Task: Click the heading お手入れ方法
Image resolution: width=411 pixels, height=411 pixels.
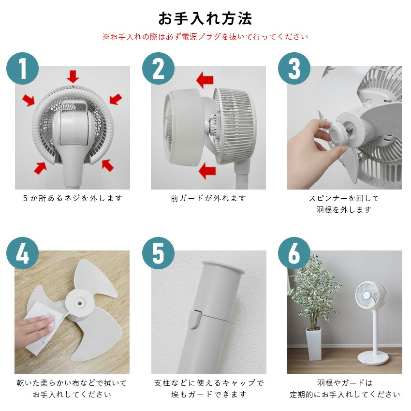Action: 205,18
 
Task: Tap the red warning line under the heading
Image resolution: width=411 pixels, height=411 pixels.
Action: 205,37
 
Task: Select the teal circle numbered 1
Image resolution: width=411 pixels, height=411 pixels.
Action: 22,69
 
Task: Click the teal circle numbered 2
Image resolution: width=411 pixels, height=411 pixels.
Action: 158,69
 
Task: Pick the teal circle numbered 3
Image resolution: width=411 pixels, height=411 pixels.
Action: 294,69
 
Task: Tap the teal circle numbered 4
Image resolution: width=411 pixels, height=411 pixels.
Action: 22,253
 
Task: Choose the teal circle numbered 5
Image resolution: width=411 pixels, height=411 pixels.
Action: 158,253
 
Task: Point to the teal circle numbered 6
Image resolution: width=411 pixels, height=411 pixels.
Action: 294,253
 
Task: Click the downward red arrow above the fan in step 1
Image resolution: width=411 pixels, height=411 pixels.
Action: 73,76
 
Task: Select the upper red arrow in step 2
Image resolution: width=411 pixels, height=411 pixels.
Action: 205,80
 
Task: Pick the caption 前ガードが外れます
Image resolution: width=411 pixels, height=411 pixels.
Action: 208,198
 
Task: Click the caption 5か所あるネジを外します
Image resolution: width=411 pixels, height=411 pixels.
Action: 73,198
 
